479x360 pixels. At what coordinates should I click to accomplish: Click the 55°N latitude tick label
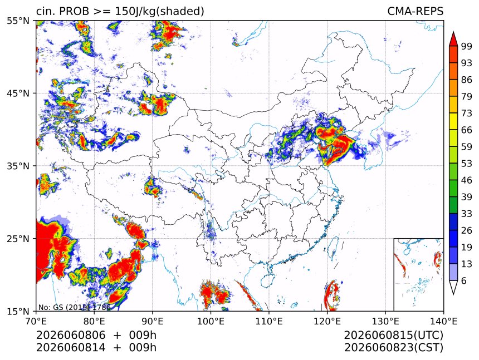pyautogui.click(x=18, y=21)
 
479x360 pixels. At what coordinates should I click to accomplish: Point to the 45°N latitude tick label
pyautogui.click(x=18, y=93)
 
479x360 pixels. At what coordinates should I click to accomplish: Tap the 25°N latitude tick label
pyautogui.click(x=18, y=238)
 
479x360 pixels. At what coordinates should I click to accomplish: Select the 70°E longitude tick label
pyautogui.click(x=36, y=321)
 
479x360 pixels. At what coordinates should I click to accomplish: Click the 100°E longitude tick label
pyautogui.click(x=211, y=321)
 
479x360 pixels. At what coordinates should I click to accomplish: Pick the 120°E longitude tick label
pyautogui.click(x=327, y=321)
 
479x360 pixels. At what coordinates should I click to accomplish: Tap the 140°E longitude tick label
pyautogui.click(x=443, y=321)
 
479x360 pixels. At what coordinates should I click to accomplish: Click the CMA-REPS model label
pyautogui.click(x=415, y=11)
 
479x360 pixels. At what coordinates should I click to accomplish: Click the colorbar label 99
pyautogui.click(x=467, y=46)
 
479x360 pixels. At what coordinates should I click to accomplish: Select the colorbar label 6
pyautogui.click(x=464, y=280)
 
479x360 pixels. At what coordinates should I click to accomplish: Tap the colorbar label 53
pyautogui.click(x=467, y=164)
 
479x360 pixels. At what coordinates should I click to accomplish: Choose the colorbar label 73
pyautogui.click(x=467, y=113)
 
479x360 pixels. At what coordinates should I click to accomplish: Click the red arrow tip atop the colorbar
pyautogui.click(x=453, y=32)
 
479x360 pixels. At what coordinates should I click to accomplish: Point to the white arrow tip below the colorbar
pyautogui.click(x=453, y=294)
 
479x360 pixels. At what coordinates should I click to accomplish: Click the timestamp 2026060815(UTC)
pyautogui.click(x=393, y=336)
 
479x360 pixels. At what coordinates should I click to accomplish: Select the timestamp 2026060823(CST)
pyautogui.click(x=393, y=348)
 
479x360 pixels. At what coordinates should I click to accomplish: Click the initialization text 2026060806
pyautogui.click(x=71, y=336)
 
